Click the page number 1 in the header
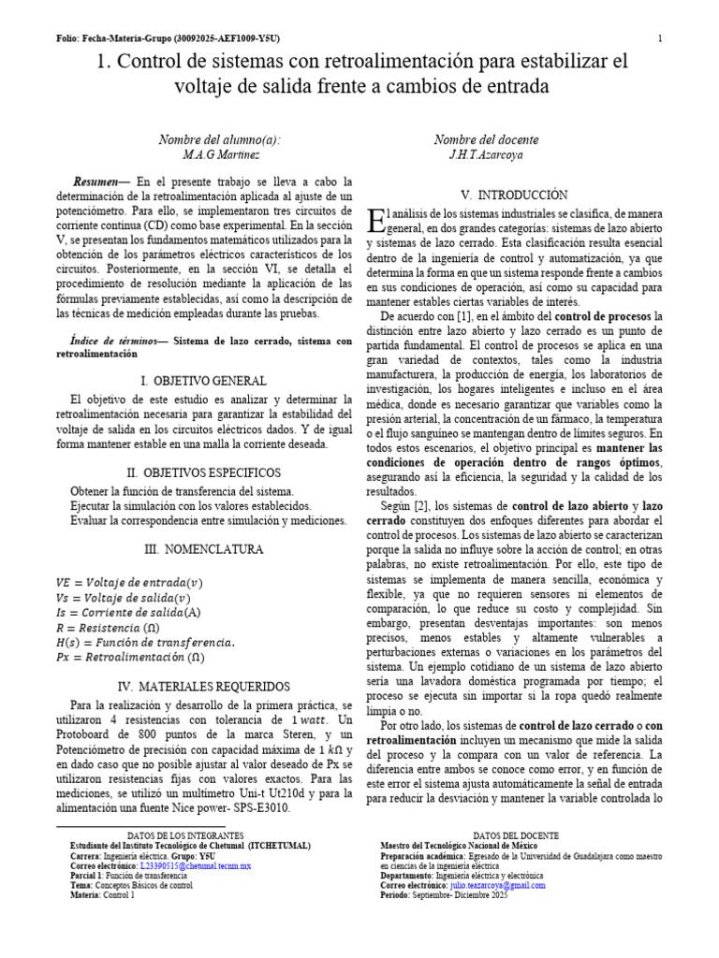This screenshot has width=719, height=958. [660, 38]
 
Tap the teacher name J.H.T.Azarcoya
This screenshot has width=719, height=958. [486, 154]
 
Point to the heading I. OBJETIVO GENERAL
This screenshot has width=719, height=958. [203, 381]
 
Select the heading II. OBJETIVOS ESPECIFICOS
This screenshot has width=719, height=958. [203, 472]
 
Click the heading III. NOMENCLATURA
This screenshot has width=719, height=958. [203, 549]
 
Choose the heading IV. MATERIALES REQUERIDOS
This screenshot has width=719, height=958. [203, 686]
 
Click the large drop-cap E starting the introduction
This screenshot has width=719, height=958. [375, 222]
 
